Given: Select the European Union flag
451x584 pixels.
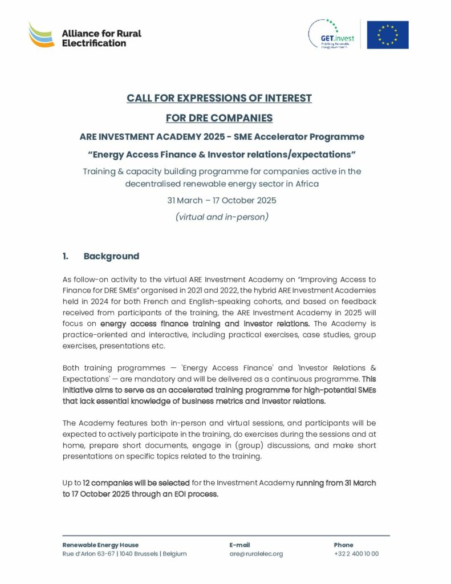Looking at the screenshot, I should (388, 34).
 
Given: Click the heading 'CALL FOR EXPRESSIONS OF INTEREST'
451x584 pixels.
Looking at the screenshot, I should (219, 98).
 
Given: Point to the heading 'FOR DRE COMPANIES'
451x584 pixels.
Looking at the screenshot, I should (219, 118).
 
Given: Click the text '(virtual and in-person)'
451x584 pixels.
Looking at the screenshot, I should (222, 217).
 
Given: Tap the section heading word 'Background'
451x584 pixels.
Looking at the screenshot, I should (111, 257).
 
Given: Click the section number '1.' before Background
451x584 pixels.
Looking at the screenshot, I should (66, 257).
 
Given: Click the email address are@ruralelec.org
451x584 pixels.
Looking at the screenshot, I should (256, 554).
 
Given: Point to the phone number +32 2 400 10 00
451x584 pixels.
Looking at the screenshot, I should (356, 554).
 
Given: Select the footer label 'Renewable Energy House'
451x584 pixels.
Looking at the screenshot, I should (100, 545).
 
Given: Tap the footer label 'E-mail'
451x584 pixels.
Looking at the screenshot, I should (239, 545).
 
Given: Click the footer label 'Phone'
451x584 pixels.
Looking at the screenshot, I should (343, 545).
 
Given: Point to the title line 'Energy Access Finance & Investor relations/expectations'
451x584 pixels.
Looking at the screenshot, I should (222, 154).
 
